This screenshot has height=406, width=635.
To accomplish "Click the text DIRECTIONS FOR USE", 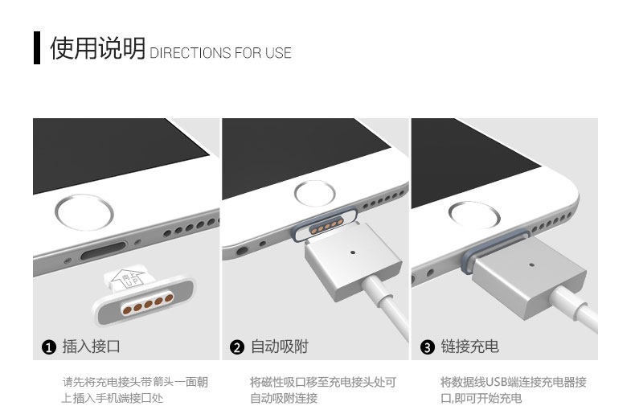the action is (x=220, y=53).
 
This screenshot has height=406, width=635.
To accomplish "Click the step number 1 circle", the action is (x=48, y=347).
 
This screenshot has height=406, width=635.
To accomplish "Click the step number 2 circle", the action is (x=237, y=347).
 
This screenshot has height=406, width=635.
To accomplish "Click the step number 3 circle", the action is (x=427, y=347).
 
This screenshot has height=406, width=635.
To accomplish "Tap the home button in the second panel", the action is (x=311, y=192).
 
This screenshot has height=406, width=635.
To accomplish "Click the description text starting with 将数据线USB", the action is (x=513, y=390).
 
